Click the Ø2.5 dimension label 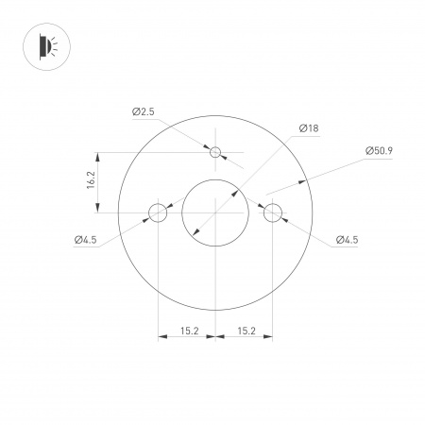143,112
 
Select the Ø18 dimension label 308,128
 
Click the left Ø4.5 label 85,240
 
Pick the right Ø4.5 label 346,240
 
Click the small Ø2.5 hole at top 215,152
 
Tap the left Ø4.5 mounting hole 158,212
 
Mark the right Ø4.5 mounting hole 273,212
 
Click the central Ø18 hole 215,212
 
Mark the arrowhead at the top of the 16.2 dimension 98,156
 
